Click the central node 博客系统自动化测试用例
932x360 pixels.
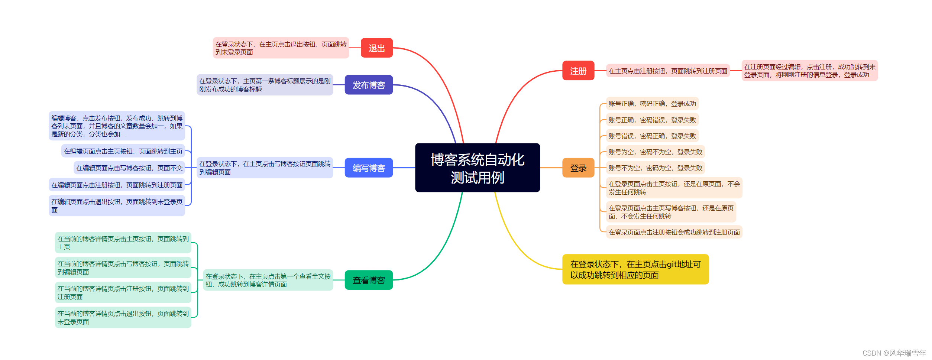(477, 168)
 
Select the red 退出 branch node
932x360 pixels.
(376, 48)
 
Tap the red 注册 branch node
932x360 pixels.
(578, 71)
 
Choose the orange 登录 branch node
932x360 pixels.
(578, 168)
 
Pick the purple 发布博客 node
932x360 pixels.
(369, 85)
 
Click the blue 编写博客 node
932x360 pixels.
(369, 168)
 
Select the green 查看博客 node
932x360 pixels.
(369, 280)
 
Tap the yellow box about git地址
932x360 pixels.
(635, 269)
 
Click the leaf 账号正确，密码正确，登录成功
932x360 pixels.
(652, 104)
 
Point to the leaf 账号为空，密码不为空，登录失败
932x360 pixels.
(656, 152)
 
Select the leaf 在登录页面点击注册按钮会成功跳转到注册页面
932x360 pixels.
(674, 232)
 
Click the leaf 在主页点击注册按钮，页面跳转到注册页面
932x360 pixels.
(668, 71)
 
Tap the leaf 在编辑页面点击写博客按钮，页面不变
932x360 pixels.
(129, 168)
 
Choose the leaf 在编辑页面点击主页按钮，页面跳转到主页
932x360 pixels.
(123, 151)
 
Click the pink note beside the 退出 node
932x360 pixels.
(281, 48)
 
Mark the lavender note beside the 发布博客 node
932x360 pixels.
(265, 85)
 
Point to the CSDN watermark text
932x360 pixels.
(894, 353)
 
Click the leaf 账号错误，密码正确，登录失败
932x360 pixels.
(652, 136)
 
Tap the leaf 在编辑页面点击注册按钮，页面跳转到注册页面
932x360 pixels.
(117, 185)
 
